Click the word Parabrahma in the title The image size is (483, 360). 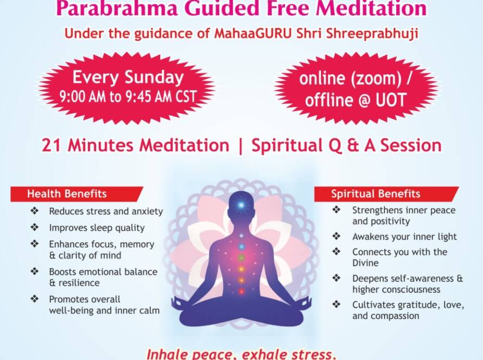pyautogui.click(x=117, y=8)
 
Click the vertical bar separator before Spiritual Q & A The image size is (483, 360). pyautogui.click(x=240, y=146)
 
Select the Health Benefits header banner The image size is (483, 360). pyautogui.click(x=77, y=194)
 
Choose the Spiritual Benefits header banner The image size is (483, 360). pyautogui.click(x=386, y=194)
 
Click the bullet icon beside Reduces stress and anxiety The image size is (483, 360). pyautogui.click(x=35, y=211)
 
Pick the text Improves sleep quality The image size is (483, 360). pyautogui.click(x=97, y=228)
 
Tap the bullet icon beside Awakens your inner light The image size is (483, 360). pyautogui.click(x=336, y=236)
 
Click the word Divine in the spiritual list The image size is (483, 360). pyautogui.click(x=365, y=263)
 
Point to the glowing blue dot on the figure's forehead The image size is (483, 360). pyautogui.click(x=241, y=204)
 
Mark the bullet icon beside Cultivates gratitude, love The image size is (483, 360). pyautogui.click(x=336, y=305)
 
